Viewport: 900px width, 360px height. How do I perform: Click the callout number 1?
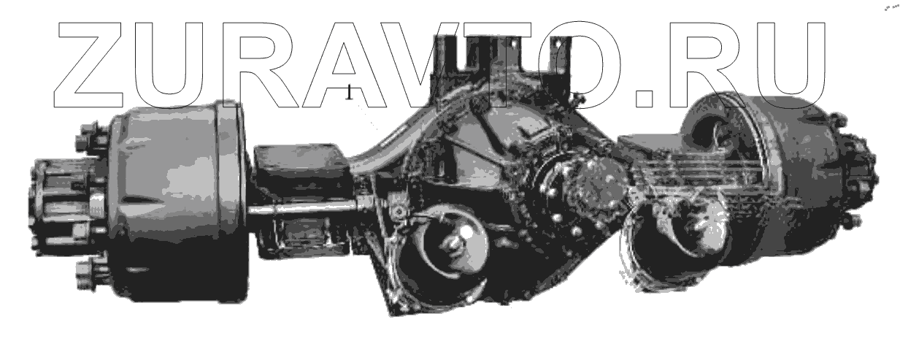350,92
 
